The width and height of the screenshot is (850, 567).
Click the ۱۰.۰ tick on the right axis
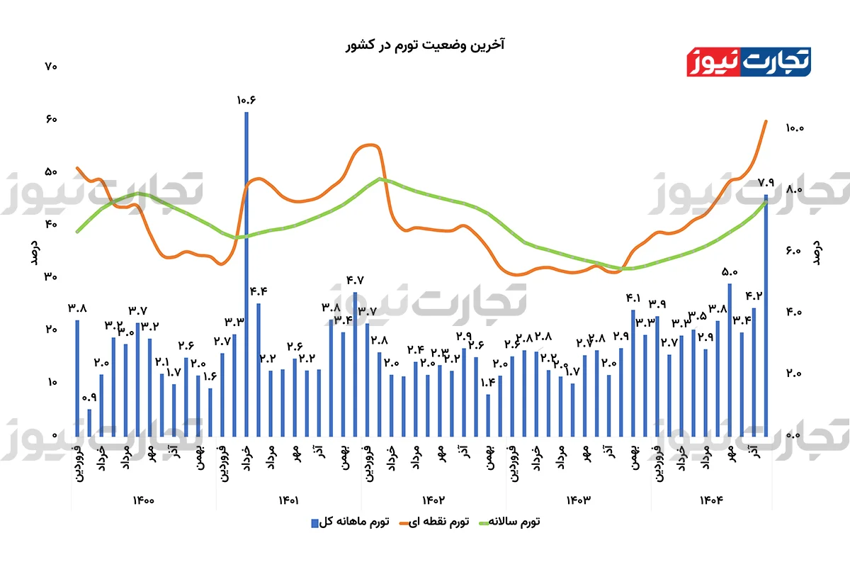pyautogui.click(x=794, y=128)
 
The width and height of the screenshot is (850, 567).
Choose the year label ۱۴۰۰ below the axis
pyautogui.click(x=143, y=500)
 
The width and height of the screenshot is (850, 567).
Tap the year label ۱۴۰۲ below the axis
pyautogui.click(x=432, y=500)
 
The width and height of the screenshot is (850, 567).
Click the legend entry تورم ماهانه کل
pyautogui.click(x=351, y=522)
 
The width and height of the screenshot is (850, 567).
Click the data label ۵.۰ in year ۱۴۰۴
pyautogui.click(x=730, y=271)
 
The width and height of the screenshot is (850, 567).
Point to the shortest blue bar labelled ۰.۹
pyautogui.click(x=89, y=422)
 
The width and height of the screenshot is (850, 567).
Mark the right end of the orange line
pyautogui.click(x=766, y=121)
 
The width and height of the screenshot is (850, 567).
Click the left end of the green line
pyautogui.click(x=77, y=231)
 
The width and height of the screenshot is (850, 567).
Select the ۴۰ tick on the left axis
pyautogui.click(x=50, y=224)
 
